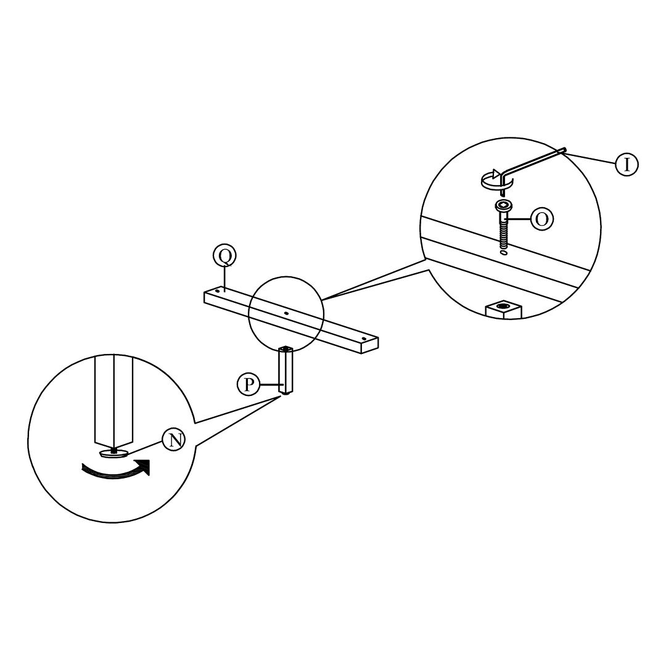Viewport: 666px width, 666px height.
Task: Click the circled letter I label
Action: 627,164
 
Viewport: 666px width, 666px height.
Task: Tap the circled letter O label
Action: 542,219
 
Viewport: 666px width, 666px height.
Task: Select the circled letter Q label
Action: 224,255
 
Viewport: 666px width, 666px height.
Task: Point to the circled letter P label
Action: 248,385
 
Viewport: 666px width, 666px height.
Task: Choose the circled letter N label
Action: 173,440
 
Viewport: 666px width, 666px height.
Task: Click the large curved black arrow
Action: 117,470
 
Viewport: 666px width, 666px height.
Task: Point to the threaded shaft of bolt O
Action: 504,234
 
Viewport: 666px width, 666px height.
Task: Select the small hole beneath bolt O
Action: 504,252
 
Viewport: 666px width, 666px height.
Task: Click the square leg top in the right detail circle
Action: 504,308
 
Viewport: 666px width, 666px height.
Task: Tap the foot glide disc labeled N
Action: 113,453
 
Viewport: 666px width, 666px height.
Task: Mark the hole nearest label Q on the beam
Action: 218,290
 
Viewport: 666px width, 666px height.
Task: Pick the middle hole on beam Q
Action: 286,313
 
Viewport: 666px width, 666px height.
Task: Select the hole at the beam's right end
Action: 364,338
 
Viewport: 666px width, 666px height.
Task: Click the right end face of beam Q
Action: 369,347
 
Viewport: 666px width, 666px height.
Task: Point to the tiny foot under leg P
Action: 286,396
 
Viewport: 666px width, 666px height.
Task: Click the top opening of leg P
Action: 286,350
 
